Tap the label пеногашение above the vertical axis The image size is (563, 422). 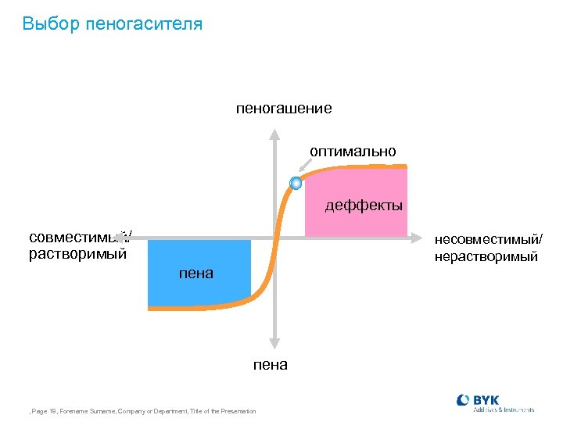284,109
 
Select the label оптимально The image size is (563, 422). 353,150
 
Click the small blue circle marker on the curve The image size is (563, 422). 296,184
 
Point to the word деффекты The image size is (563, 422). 364,206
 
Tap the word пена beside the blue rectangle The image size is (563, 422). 195,274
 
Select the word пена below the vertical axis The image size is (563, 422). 271,364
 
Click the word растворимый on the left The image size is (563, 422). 77,254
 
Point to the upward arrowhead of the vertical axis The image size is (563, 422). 274,133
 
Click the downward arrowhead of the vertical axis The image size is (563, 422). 274,342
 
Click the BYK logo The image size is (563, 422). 495,402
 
